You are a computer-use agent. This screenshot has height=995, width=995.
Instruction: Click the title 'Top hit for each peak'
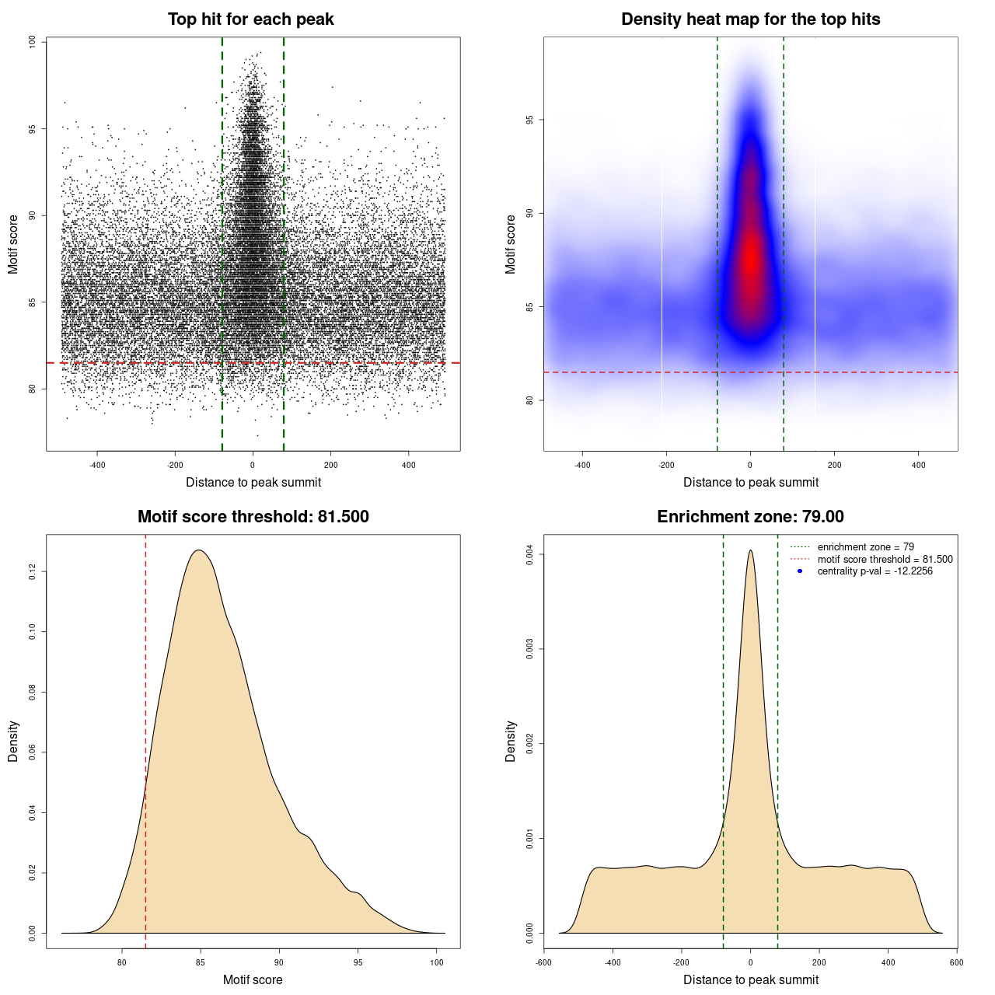(x=250, y=19)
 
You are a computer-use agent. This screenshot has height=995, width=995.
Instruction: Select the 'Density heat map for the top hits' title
(x=750, y=19)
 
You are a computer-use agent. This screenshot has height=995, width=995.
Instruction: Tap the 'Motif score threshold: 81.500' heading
(x=253, y=517)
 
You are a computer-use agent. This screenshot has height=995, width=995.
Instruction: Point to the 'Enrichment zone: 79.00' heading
(x=750, y=517)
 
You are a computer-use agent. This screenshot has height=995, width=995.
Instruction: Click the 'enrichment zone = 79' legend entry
(x=865, y=547)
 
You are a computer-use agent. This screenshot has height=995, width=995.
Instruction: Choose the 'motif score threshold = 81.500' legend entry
(x=885, y=559)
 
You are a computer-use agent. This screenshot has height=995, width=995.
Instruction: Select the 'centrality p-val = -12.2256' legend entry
(x=875, y=571)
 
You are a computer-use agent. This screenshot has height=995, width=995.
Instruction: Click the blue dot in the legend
(x=800, y=571)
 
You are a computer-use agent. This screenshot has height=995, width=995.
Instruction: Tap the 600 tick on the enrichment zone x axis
(x=956, y=962)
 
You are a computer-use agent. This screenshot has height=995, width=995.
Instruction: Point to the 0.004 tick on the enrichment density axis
(x=529, y=554)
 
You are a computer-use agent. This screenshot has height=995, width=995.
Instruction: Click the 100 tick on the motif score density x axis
(x=437, y=962)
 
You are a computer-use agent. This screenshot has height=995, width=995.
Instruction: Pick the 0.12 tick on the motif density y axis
(x=32, y=572)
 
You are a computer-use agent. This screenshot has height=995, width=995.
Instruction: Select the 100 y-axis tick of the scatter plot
(x=32, y=42)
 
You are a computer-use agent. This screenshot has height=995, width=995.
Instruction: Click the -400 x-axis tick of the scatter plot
(x=97, y=465)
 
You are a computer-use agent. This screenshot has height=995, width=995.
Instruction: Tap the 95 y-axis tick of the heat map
(x=529, y=120)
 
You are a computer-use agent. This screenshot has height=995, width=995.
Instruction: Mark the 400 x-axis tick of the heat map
(x=918, y=465)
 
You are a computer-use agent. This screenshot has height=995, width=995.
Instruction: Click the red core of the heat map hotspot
(x=751, y=264)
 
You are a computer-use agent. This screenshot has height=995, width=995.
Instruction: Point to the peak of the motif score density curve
(x=200, y=550)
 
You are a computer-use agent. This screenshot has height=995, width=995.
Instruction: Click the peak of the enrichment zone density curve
(x=750, y=550)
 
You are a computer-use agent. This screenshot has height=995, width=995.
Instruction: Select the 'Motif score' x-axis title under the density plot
(x=253, y=979)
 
